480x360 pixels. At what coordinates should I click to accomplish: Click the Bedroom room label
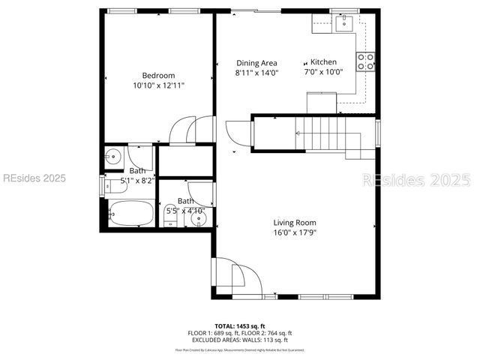pos(158,75)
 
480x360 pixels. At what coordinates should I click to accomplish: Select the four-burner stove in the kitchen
pos(366,61)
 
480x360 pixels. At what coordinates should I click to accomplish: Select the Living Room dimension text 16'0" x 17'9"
pos(294,233)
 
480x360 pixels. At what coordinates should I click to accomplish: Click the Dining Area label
pos(256,63)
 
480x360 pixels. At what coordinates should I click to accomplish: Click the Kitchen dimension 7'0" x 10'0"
pos(323,73)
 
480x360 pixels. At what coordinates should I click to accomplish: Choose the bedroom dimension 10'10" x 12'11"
pos(158,86)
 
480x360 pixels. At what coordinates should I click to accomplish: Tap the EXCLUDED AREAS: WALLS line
pos(240,339)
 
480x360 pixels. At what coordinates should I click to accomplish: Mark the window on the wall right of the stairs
pos(377,133)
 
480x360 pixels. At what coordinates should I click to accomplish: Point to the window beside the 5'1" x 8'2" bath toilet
pos(103,184)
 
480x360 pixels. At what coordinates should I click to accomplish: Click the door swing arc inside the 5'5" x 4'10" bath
pos(201,194)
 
